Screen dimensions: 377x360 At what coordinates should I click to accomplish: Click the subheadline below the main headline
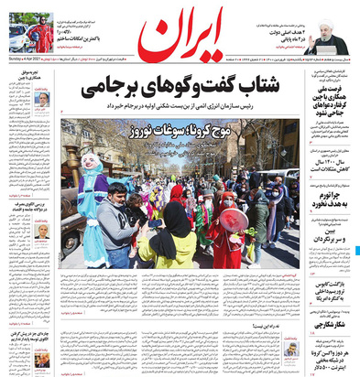coord(183,108)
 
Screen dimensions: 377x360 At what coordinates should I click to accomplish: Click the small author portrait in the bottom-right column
coord(290,349)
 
